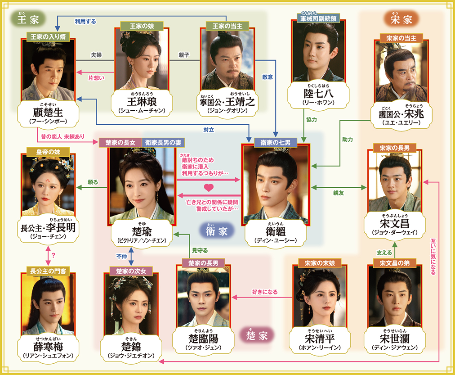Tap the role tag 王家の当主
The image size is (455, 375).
227,26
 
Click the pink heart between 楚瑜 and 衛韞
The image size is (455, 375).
208,186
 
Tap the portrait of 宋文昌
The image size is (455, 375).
394,180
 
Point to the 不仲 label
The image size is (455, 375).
121,256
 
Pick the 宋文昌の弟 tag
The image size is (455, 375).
394,263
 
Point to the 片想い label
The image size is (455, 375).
96,77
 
